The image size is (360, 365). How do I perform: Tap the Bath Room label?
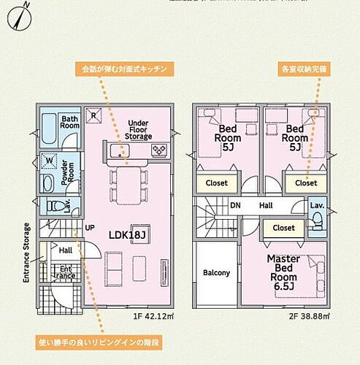[x=70, y=121]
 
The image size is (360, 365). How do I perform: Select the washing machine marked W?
[x=50, y=160]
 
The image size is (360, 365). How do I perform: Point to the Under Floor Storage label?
[x=138, y=129]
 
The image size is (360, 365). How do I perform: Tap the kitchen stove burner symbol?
[x=158, y=151]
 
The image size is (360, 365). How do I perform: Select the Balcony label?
[x=216, y=272]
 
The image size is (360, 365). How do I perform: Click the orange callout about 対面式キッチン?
[x=124, y=69]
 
